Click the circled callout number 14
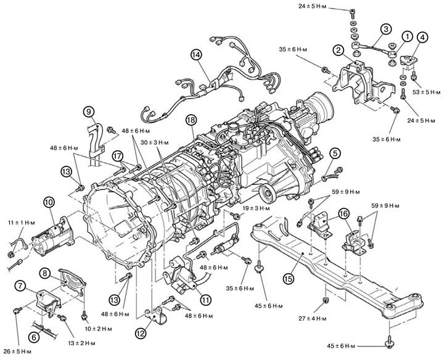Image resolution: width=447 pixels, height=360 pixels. click(196, 54)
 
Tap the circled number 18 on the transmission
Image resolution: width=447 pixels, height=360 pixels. click(191, 121)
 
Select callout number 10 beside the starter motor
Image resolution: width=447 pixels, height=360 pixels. click(48, 202)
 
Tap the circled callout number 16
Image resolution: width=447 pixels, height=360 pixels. click(344, 213)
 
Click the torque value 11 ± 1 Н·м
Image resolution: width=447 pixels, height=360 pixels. click(18, 220)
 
